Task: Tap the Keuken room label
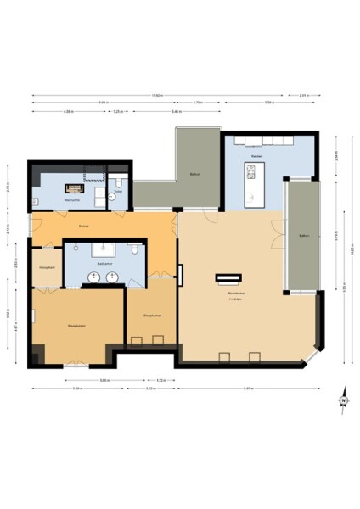(256, 156)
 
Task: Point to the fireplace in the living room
(228, 277)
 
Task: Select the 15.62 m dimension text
(158, 95)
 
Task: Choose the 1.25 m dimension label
(119, 112)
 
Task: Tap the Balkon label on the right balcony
(303, 235)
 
